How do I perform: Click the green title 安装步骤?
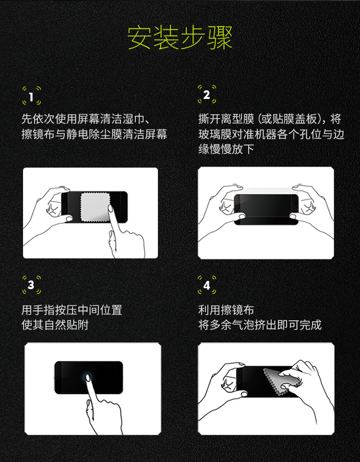click(x=180, y=38)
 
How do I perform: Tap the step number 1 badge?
click(x=32, y=96)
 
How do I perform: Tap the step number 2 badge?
click(x=207, y=94)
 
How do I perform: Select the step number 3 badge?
click(x=32, y=285)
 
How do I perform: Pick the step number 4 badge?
click(x=207, y=285)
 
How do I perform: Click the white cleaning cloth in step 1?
click(x=95, y=207)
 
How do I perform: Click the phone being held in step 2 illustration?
click(x=266, y=209)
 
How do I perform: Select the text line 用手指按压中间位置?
click(x=72, y=310)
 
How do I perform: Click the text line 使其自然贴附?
click(x=55, y=325)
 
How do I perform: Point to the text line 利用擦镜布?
click(x=226, y=310)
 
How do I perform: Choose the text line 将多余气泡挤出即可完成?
click(x=260, y=325)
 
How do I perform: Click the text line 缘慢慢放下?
click(x=226, y=149)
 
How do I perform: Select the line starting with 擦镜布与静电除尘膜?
click(x=94, y=134)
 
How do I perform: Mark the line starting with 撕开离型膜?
click(x=270, y=119)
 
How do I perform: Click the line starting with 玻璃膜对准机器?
click(x=271, y=134)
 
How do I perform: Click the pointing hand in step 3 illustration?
click(x=102, y=407)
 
